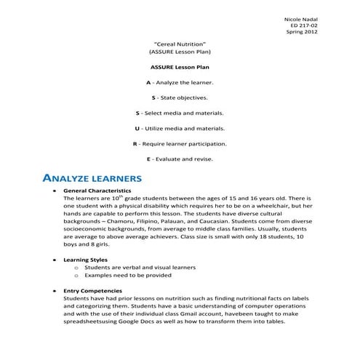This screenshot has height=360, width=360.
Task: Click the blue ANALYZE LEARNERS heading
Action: pyautogui.click(x=92, y=177)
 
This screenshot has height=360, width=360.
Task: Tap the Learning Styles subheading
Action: pyautogui.click(x=86, y=259)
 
